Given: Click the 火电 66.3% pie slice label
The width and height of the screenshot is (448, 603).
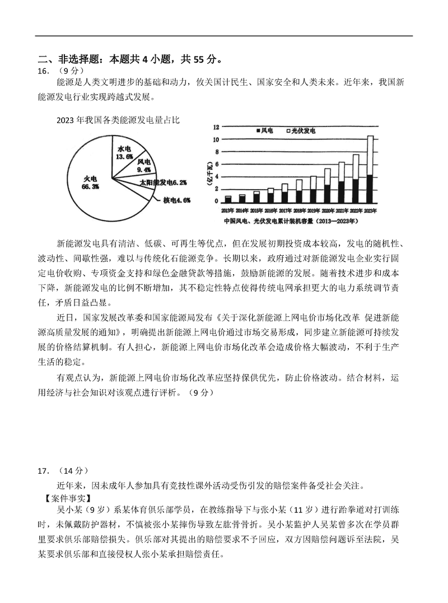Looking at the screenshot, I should coord(91,182).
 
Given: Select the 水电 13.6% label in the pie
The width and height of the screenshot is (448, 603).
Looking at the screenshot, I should coord(124,153).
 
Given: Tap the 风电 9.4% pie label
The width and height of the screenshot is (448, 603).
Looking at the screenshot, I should coord(144,165).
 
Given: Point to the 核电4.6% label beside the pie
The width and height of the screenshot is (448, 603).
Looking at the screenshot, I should coord(177,200).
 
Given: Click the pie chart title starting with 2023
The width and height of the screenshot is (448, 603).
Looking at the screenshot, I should coord(118,120).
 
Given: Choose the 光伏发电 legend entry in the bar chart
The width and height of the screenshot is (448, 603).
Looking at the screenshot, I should coord(300,130).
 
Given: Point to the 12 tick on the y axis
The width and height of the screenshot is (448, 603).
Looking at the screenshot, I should coord(216,127).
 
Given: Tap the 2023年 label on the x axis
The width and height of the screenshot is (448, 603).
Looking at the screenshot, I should coord(370,211).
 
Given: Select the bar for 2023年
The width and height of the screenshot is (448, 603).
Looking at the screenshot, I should coord(370,168).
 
